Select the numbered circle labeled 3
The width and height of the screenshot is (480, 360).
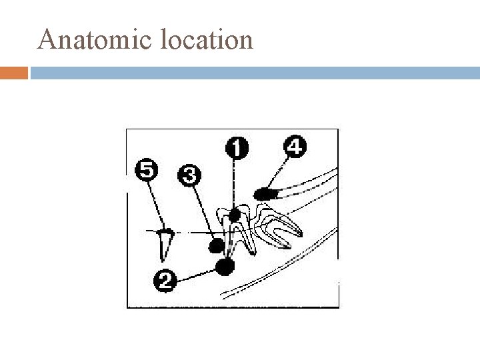188,177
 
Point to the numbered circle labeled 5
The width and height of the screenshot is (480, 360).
147,170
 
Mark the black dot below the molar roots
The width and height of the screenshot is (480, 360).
226,267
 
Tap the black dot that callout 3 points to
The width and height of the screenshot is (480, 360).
216,245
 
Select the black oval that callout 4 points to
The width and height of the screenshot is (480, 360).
265,194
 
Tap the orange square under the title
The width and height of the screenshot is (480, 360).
14,72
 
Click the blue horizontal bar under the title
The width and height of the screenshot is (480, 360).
253,72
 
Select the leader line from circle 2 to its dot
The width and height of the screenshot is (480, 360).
197,273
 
